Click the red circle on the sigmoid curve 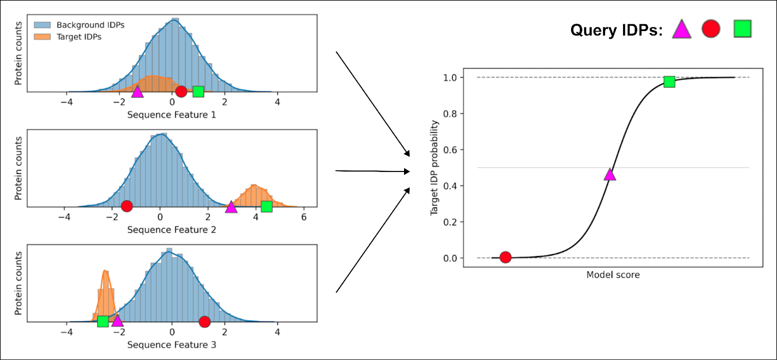click(x=506, y=257)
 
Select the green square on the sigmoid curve click(x=669, y=82)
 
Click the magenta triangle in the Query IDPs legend click(x=681, y=30)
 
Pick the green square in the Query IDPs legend click(x=743, y=29)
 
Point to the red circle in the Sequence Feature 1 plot click(x=181, y=91)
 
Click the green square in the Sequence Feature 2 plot click(x=267, y=206)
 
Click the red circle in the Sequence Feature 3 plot click(x=205, y=322)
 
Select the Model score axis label click(x=613, y=275)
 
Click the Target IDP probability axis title click(x=434, y=168)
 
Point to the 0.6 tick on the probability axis click(x=450, y=150)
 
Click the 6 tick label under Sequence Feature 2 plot click(x=304, y=217)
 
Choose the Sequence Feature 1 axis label click(x=171, y=115)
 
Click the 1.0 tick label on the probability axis click(x=450, y=78)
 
